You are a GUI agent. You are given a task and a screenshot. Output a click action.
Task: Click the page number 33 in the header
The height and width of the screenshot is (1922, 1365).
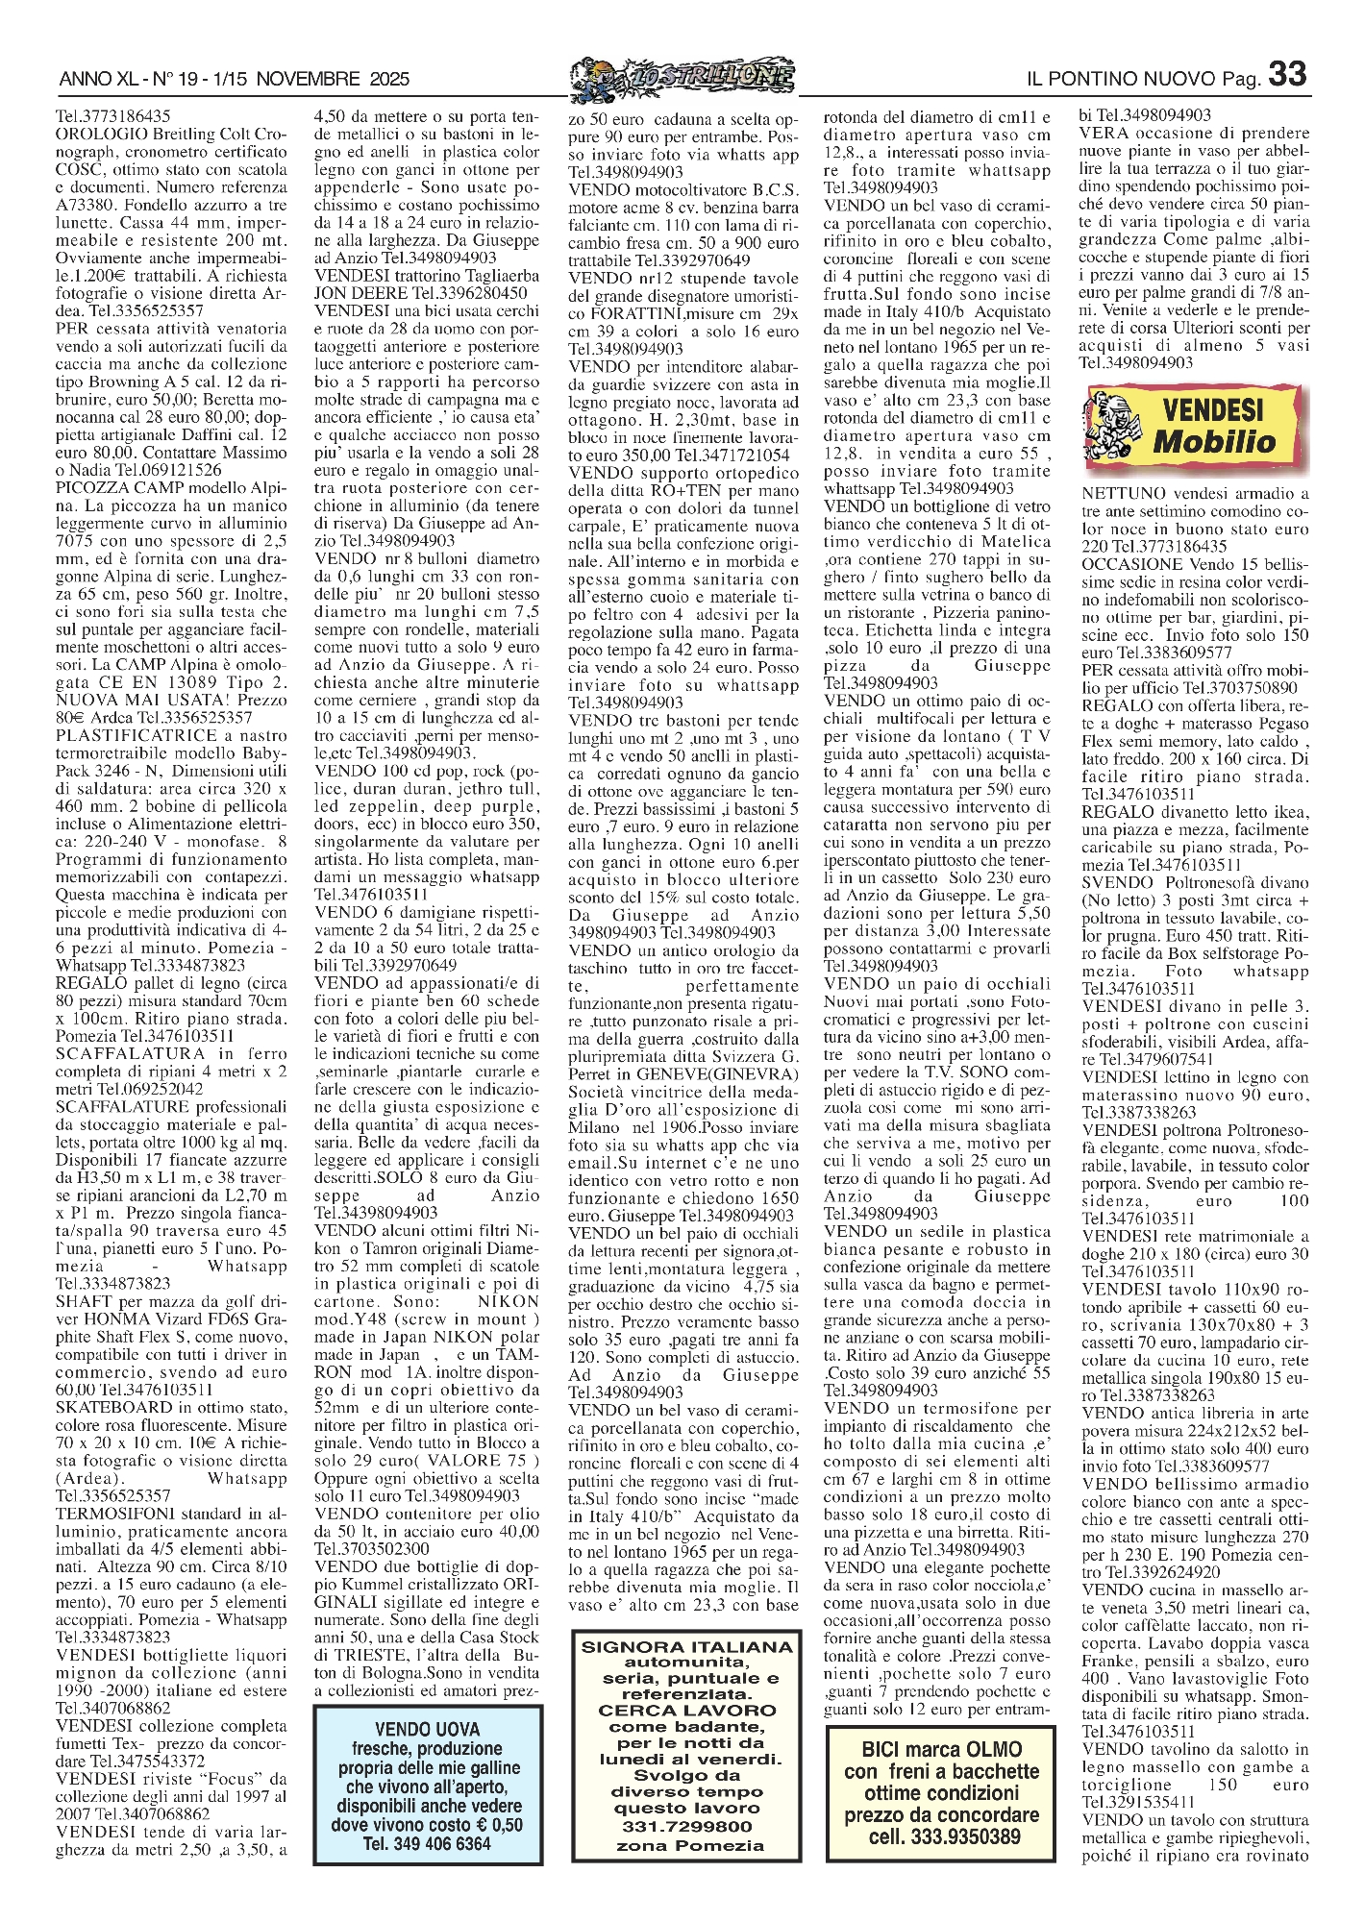(x=1287, y=74)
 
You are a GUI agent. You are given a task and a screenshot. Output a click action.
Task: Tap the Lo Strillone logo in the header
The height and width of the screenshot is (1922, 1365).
(x=682, y=76)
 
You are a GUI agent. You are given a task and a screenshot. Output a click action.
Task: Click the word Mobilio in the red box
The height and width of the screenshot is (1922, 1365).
(x=1214, y=443)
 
